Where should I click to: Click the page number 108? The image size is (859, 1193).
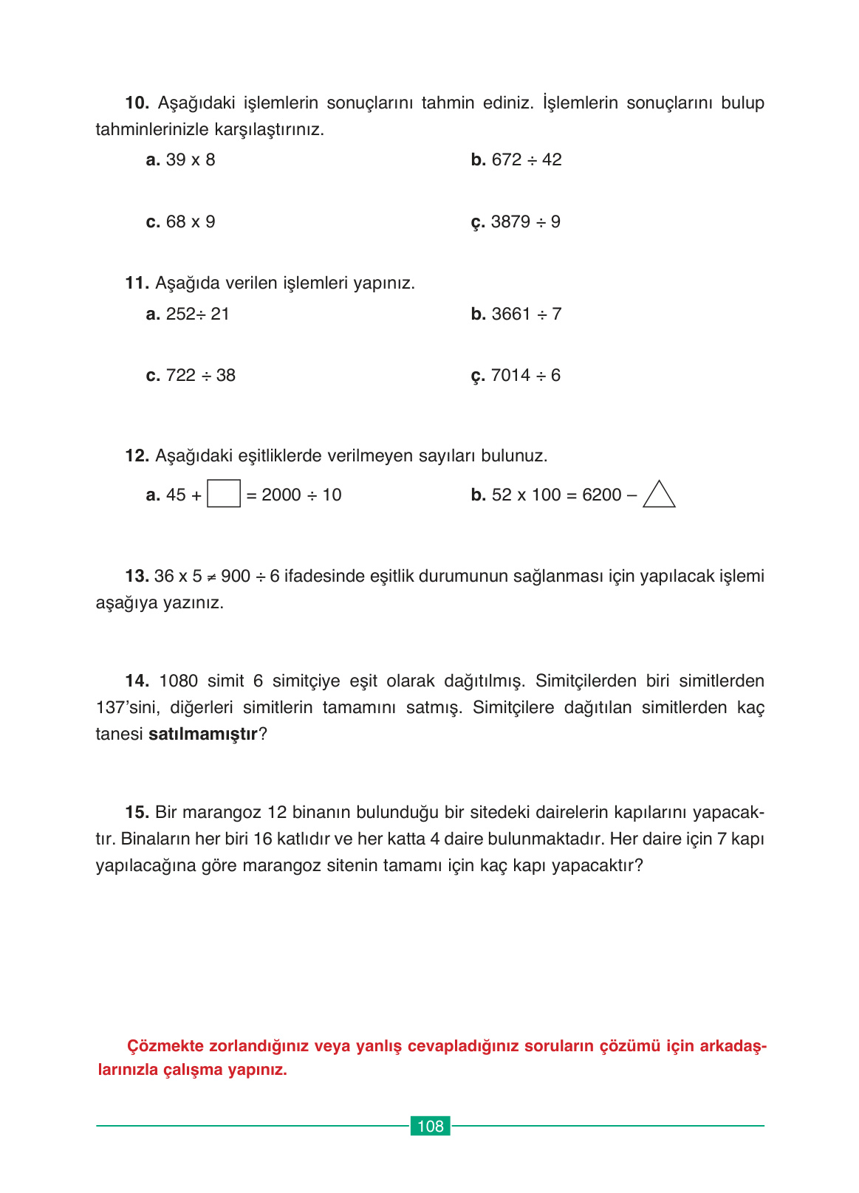coord(430,1126)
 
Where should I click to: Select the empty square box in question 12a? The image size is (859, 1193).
coord(223,494)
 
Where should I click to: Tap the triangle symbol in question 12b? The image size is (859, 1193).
coord(659,495)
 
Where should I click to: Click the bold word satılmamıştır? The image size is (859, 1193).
coord(202,734)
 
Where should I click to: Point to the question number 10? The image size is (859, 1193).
coord(137,103)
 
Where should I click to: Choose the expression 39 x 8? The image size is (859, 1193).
coord(191,159)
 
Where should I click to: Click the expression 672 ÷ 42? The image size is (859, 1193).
coord(527,159)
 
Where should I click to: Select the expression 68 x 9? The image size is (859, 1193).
coord(191,221)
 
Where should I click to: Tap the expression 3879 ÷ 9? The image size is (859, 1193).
coord(526,221)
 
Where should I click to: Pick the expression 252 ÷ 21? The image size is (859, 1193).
coord(198,314)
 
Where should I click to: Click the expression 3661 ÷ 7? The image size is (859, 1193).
coord(527,314)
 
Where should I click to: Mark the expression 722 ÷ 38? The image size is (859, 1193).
coord(201,375)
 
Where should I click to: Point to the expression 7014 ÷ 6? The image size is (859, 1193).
coord(526,375)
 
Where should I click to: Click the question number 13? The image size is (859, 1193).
coord(137,576)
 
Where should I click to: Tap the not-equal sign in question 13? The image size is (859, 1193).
coord(211,577)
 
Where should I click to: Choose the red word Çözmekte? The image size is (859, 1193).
coord(165,1046)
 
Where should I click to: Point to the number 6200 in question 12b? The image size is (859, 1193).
coord(602,495)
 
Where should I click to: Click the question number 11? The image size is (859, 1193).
coord(137,283)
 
